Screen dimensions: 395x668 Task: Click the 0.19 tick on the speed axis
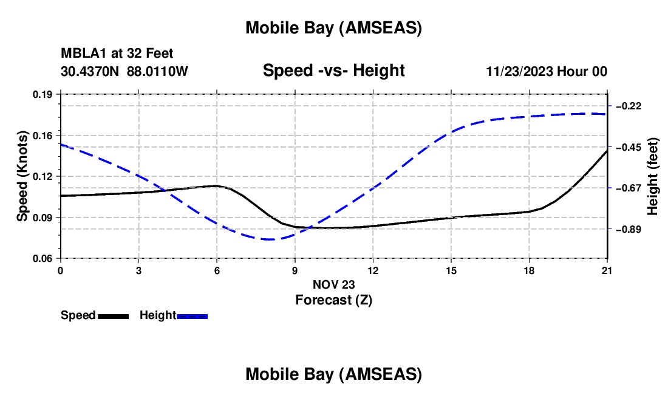coord(44,95)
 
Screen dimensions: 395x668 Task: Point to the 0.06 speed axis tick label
coord(44,259)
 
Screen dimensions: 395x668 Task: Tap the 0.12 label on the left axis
coord(44,176)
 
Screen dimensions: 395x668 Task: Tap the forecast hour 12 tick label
coord(373,270)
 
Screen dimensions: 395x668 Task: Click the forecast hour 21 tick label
coord(607,270)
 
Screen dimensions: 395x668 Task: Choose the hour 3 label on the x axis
coord(138,270)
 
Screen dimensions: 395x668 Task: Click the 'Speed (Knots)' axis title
coord(22,176)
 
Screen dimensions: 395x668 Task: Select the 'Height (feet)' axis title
coord(653,177)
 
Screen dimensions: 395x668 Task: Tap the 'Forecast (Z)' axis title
coord(333,300)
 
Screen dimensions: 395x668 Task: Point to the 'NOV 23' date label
coord(333,284)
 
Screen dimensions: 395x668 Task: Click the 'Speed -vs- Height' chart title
coord(333,71)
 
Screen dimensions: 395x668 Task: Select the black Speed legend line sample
coord(113,316)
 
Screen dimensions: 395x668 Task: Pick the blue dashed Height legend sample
coord(192,316)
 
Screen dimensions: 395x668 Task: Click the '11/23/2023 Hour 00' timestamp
coord(547,72)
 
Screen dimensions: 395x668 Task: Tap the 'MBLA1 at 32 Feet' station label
coord(117,54)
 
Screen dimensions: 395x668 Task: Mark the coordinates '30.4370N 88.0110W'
coord(124,72)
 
